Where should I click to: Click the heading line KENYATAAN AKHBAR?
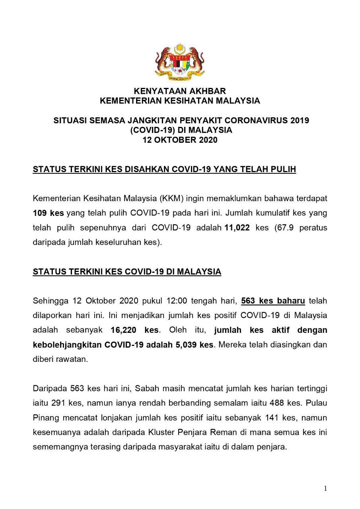[x=180, y=91]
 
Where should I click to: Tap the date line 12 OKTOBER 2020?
[x=180, y=140]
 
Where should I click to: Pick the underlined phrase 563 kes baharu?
[x=273, y=301]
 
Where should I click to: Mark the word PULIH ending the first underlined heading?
[x=284, y=170]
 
